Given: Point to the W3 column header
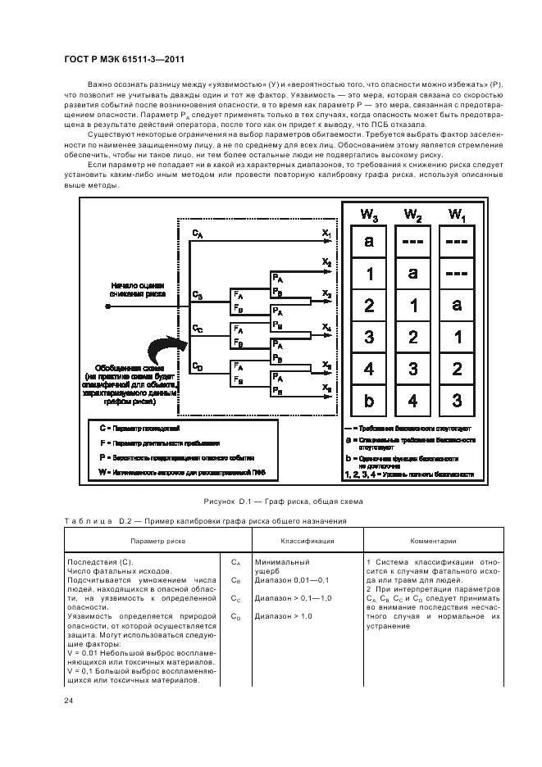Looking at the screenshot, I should (x=370, y=215).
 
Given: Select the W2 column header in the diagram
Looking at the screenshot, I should (x=412, y=215).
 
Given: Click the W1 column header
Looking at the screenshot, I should (x=457, y=215).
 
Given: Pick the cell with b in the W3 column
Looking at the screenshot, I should (x=369, y=402).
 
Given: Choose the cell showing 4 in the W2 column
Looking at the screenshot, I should (x=413, y=402).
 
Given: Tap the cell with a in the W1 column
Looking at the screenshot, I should (x=457, y=305).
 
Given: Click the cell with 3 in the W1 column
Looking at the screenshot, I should (x=457, y=402).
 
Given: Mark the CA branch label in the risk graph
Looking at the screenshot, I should (x=198, y=234).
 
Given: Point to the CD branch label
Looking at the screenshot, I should (x=198, y=366).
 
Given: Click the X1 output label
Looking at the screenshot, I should (x=326, y=234).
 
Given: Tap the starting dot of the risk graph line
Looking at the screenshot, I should (x=108, y=306).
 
